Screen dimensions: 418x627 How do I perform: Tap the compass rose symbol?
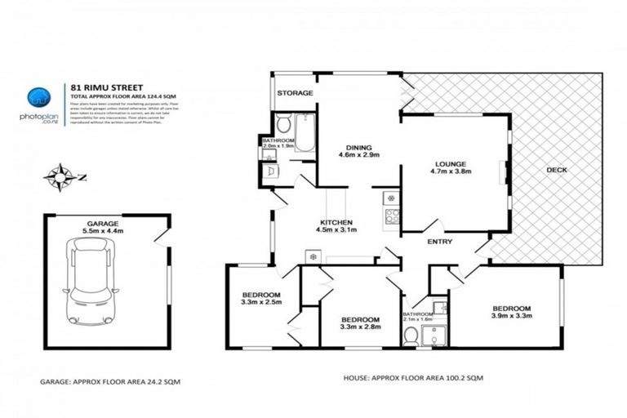60,174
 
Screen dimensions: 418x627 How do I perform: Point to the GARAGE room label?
104,223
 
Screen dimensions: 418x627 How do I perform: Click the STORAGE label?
295,93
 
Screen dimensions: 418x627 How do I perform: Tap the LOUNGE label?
450,162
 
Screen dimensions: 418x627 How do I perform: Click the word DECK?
558,170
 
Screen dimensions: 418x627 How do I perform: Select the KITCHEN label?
336,222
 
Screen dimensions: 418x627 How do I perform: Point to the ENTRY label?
441,242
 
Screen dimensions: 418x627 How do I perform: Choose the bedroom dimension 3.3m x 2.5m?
261,302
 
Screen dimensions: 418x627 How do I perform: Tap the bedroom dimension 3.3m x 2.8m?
359,327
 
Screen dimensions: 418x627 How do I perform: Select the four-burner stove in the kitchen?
392,217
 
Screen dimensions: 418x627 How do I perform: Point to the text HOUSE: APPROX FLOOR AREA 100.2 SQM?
398,380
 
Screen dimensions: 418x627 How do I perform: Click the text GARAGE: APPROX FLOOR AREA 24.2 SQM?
110,381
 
